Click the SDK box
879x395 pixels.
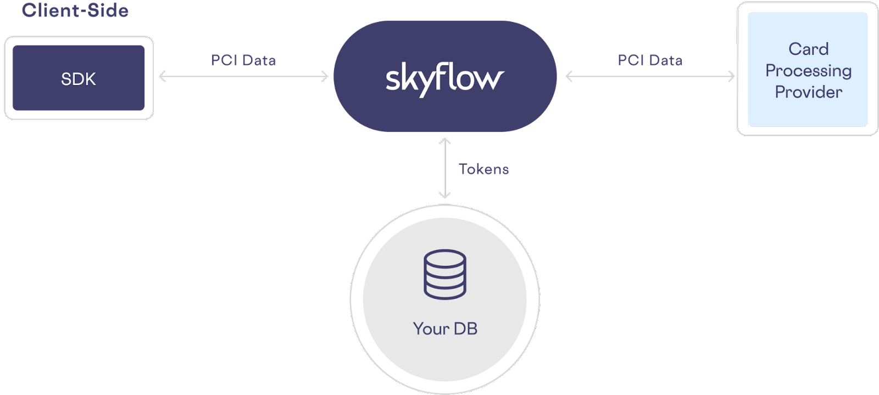[x=79, y=78]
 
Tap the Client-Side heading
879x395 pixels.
[x=75, y=10]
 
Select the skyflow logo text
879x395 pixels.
[x=444, y=80]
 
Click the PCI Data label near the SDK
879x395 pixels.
[x=243, y=60]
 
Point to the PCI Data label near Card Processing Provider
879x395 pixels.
[x=650, y=60]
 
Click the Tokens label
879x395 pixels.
[x=483, y=169]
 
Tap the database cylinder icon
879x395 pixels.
[x=444, y=274]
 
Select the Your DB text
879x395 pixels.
[x=445, y=329]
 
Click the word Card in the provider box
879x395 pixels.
[x=808, y=49]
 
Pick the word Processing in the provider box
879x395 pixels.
[x=808, y=71]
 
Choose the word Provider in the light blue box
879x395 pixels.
[x=808, y=92]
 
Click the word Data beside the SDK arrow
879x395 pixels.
[x=259, y=60]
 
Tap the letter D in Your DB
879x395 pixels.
[x=458, y=329]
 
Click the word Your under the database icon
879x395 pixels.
[x=431, y=329]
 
